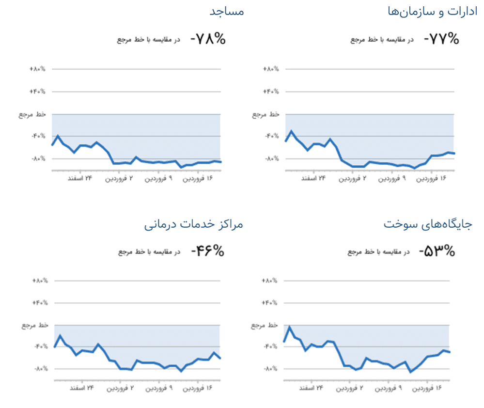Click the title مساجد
click(x=226, y=11)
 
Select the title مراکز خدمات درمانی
click(x=193, y=224)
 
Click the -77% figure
click(x=441, y=39)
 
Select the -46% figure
click(x=208, y=251)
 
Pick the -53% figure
click(x=437, y=251)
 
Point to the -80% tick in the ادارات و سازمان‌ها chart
click(x=271, y=158)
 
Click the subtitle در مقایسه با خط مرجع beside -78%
click(x=148, y=39)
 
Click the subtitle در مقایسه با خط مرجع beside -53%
click(x=379, y=251)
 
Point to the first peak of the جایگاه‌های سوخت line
click(x=290, y=327)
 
